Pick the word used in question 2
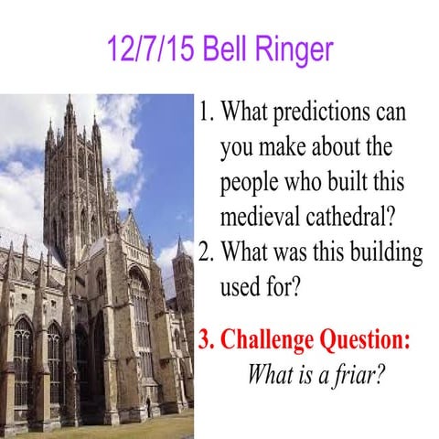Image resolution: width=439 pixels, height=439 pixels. [240, 282]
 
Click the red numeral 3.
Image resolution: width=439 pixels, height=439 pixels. [206, 340]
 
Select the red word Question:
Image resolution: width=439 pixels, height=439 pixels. [365, 340]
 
